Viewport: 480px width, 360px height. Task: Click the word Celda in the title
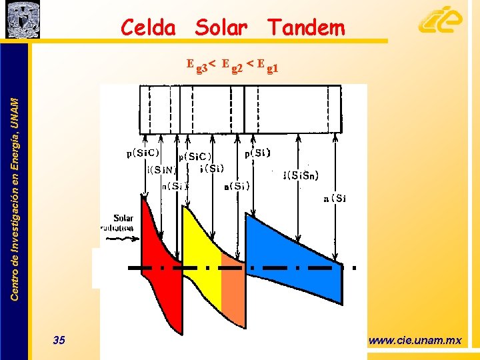point(148,28)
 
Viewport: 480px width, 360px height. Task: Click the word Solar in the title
point(221,28)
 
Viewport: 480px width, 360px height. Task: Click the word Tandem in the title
point(306,28)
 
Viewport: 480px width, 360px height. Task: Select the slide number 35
point(59,341)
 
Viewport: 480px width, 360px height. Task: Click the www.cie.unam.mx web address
point(415,341)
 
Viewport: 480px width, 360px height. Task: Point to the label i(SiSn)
point(301,176)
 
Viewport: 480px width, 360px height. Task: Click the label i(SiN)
point(160,169)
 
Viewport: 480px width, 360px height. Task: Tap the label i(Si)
point(211,168)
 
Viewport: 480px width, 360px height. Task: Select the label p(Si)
point(257,153)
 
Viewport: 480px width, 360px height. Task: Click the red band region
point(160,267)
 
